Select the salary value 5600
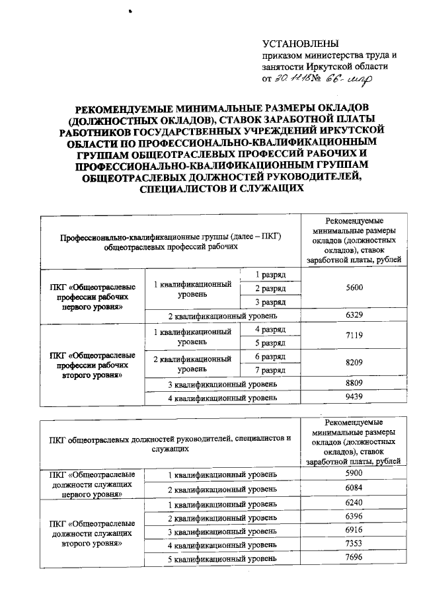tap(354, 287)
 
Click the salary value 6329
tap(354, 315)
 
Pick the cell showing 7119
tap(354, 336)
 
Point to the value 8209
tap(354, 363)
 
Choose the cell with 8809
tap(354, 384)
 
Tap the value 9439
tap(354, 398)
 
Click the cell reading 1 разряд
tap(270, 274)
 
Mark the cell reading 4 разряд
tap(270, 329)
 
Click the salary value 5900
tap(354, 474)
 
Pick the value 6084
tap(354, 490)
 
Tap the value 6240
tap(354, 504)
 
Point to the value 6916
tap(354, 531)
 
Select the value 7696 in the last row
tap(354, 559)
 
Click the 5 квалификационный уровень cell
tap(221, 560)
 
